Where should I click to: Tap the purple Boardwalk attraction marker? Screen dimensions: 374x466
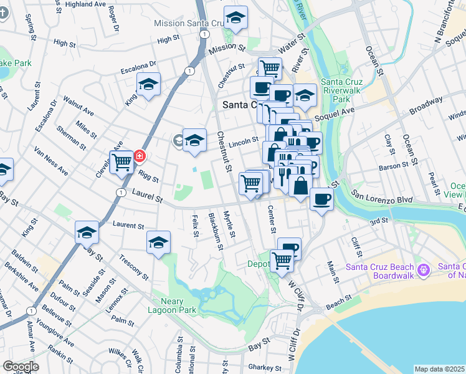click(x=424, y=271)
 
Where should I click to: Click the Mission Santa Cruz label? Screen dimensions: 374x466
click(x=193, y=23)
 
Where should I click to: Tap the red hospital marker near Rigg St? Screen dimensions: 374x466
click(x=140, y=156)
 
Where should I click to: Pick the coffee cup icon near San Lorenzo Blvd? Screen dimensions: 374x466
click(x=321, y=199)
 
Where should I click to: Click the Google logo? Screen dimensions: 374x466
click(x=21, y=367)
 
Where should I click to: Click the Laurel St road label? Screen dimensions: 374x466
click(x=147, y=198)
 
